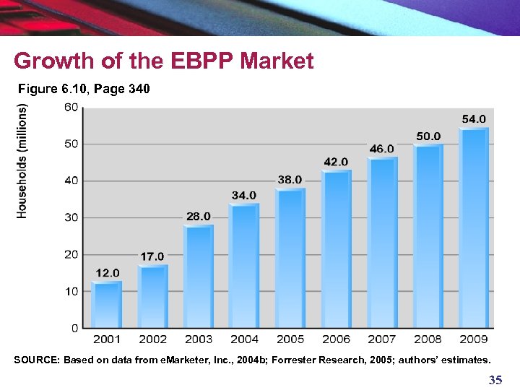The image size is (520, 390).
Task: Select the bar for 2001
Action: (x=107, y=305)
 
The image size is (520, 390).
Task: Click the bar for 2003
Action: (x=199, y=277)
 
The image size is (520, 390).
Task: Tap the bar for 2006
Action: (x=336, y=249)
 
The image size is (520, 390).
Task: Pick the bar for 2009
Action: (x=474, y=228)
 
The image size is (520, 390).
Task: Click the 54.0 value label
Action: (x=474, y=118)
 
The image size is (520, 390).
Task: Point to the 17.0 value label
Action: (x=152, y=256)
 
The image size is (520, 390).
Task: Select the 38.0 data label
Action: (x=290, y=179)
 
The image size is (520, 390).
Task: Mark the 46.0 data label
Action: (x=381, y=149)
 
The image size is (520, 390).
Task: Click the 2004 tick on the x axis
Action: (x=244, y=339)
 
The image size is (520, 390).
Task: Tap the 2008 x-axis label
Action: (x=428, y=339)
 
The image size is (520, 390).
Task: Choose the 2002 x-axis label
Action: (x=152, y=339)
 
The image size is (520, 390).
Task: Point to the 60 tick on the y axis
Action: (x=71, y=108)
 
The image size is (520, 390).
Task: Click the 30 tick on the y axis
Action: (x=71, y=217)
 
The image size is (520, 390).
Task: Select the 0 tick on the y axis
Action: (x=75, y=328)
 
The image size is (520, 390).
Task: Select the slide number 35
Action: (x=495, y=380)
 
